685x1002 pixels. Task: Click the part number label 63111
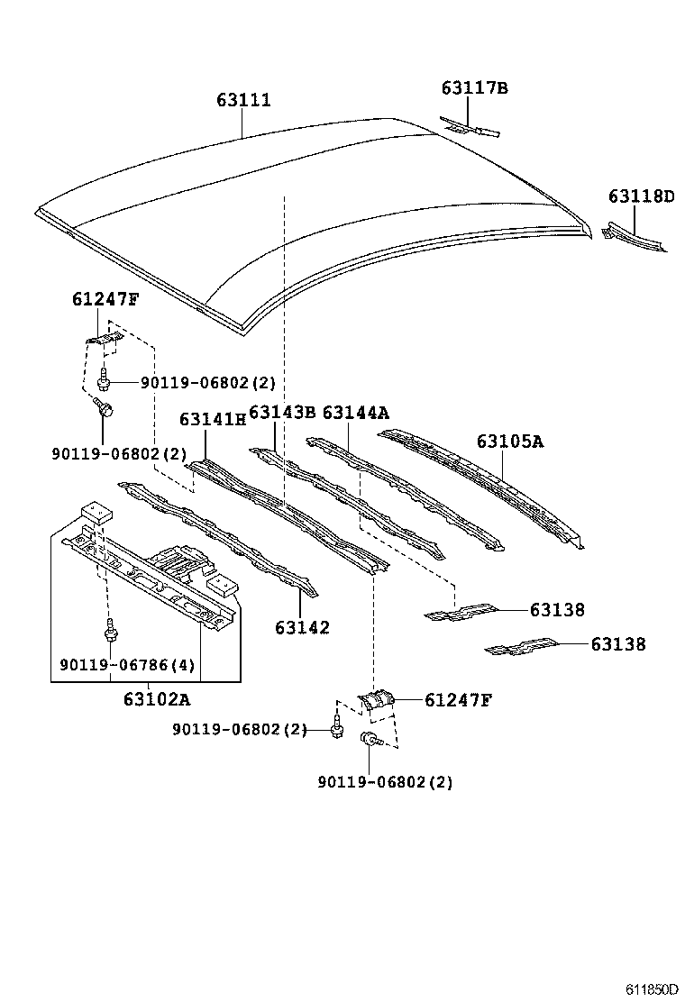(x=243, y=101)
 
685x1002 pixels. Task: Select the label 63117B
(x=474, y=87)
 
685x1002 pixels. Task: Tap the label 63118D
(x=641, y=196)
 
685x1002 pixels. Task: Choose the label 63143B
(x=281, y=413)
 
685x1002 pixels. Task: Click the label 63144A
(x=355, y=413)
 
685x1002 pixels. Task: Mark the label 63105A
(x=510, y=442)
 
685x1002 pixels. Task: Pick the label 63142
(x=303, y=628)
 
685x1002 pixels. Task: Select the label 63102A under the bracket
(x=157, y=698)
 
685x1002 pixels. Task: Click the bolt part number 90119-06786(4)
(x=127, y=666)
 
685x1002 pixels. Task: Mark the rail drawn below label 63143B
(x=352, y=505)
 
